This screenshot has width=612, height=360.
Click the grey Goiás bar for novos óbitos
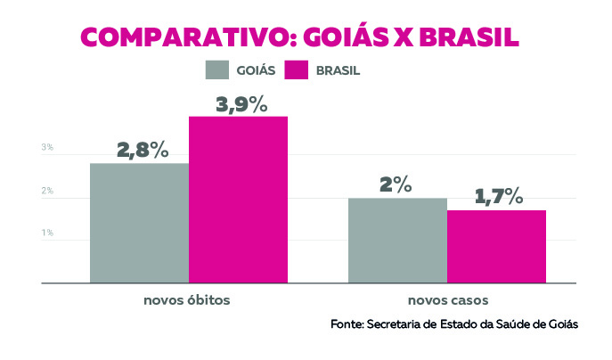(139, 223)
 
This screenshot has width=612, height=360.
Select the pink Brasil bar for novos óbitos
(238, 200)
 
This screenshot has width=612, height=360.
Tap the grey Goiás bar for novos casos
(396, 241)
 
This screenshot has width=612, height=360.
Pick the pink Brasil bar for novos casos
(496, 247)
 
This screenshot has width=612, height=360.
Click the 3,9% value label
(241, 104)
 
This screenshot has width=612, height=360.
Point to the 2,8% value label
(143, 150)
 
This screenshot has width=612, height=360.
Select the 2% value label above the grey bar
(396, 185)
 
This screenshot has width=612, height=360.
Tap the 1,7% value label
(497, 197)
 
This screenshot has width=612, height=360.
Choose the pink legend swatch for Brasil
(296, 70)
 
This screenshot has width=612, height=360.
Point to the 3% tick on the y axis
(47, 148)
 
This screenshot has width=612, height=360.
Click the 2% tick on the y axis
(47, 192)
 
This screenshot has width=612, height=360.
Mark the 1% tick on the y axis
(47, 233)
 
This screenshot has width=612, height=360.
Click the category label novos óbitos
(187, 299)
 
